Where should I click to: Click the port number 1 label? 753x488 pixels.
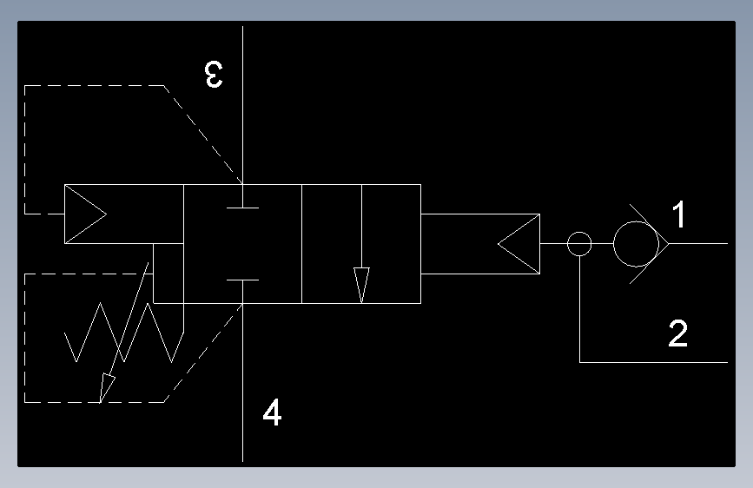point(678,214)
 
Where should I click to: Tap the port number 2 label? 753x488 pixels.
point(678,333)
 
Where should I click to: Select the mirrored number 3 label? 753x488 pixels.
point(214,75)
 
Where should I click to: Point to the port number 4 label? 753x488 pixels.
point(273,412)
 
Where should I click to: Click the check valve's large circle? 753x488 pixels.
point(613,244)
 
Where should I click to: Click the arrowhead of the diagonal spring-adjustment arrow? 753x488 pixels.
point(106,387)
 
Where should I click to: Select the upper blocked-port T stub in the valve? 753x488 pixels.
point(242,208)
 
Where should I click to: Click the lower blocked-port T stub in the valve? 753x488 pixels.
point(242,280)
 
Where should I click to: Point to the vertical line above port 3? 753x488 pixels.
point(242,105)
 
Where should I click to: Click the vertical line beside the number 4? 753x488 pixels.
point(242,382)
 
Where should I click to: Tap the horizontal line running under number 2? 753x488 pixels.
point(654,362)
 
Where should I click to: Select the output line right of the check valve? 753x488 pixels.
point(698,243)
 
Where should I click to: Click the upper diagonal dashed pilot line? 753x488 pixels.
point(202,135)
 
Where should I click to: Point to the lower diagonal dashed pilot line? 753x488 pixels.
point(202,353)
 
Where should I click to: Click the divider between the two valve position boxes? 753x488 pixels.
point(301,244)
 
